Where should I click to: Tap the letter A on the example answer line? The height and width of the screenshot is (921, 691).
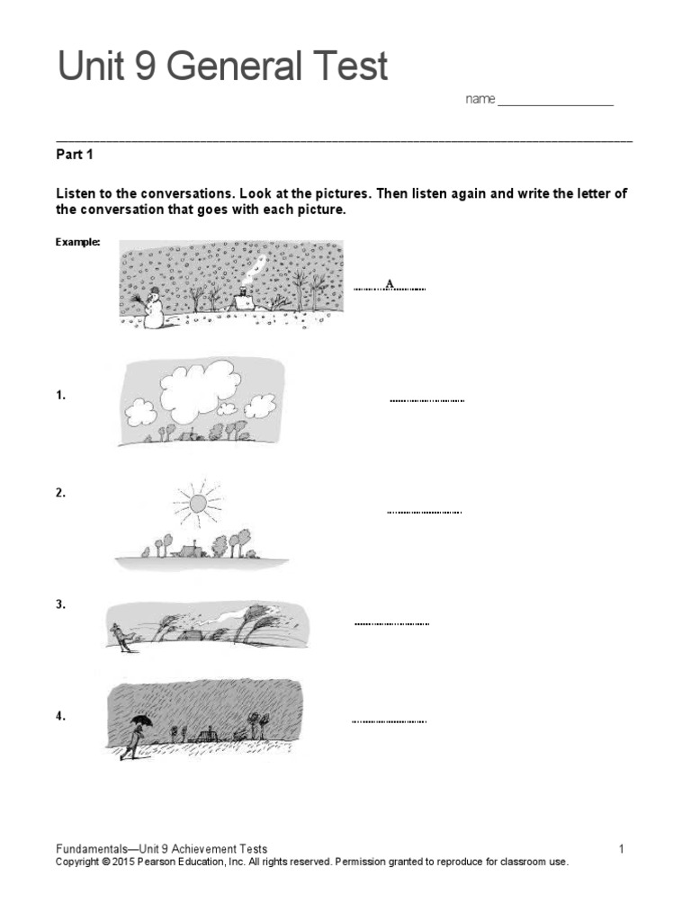390,284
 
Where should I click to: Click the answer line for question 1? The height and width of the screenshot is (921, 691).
426,399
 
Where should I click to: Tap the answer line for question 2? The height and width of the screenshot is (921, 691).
424,512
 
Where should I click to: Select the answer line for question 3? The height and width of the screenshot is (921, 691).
391,622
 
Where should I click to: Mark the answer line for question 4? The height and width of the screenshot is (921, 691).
389,720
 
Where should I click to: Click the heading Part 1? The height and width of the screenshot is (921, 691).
75,155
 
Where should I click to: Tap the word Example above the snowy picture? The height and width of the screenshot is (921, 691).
77,242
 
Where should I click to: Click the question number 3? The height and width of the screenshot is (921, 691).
60,605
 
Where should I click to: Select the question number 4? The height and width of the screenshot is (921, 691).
60,717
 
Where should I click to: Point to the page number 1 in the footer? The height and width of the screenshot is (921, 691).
621,848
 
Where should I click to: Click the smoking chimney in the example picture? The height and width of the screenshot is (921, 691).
244,293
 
